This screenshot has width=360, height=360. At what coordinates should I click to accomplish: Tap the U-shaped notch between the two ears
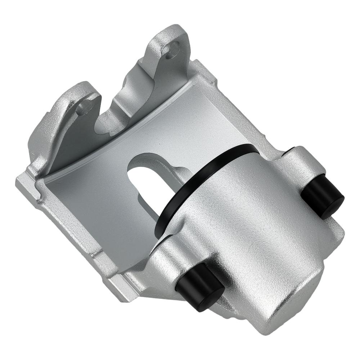click(115, 108)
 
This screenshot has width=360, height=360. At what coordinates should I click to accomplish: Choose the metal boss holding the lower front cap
click(169, 259)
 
